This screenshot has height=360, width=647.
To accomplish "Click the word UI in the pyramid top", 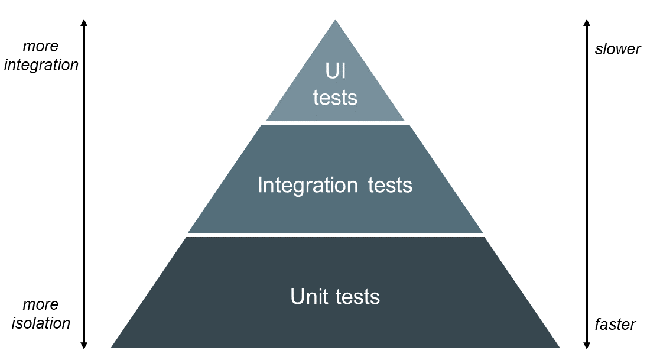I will coord(335,72).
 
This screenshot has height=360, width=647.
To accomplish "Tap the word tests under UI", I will coord(335,98).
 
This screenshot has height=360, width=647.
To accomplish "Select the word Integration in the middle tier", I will coord(307,186).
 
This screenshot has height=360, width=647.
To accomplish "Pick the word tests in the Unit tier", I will coord(357,296).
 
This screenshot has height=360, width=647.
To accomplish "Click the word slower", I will coord(617,49).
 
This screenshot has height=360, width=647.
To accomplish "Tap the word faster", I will coord(615,325).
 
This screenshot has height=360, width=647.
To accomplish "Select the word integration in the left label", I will coord(41,65).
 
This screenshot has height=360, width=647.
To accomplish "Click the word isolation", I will coord(41,323).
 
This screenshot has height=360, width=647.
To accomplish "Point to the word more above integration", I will coord(41,46).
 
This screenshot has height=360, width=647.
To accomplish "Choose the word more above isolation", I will coord(41,304).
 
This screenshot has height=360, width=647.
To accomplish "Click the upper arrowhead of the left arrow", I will coord(84,22).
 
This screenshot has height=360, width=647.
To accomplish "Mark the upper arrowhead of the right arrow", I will coord(587,22).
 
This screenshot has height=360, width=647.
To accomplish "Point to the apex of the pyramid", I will coord(335,21).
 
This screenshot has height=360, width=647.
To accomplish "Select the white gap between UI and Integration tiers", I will coord(335,123).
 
